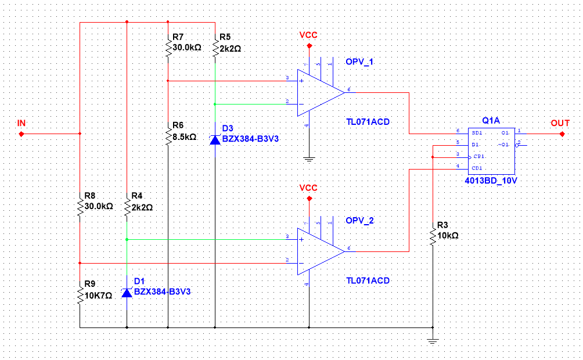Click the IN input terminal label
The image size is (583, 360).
[x=21, y=123]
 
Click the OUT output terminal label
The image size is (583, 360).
[x=560, y=123]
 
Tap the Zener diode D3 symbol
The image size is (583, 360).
[x=215, y=139]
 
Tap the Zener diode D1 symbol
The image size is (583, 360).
[x=127, y=292]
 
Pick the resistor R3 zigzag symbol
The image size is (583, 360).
[x=432, y=237]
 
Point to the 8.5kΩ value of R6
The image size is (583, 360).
[x=185, y=137]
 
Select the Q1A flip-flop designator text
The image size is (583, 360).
[x=491, y=120]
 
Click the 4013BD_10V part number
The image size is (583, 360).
[x=491, y=181]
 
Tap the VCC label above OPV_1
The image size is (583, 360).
[x=308, y=35]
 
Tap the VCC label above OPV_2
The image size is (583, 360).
[x=308, y=188]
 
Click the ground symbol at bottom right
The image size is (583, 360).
[x=432, y=341]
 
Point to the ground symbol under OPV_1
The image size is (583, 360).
[x=309, y=157]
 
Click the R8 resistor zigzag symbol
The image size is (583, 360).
[x=80, y=206]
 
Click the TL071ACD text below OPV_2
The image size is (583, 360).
[x=368, y=280]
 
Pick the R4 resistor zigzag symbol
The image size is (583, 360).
[x=127, y=206]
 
